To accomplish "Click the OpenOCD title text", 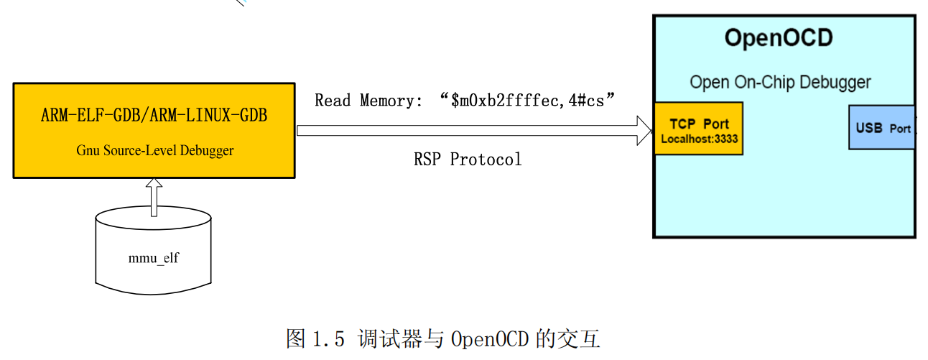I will [779, 37].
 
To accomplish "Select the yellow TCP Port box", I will [697, 129].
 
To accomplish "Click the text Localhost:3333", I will [699, 139].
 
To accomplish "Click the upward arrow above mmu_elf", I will [154, 198].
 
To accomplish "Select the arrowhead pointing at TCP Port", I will [643, 131].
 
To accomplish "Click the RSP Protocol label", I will [468, 159].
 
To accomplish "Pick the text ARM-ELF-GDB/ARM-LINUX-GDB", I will [154, 115].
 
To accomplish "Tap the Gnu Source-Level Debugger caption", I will [154, 150].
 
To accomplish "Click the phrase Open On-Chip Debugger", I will [780, 82].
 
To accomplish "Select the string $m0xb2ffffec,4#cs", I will [532, 100].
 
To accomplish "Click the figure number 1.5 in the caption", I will [330, 338].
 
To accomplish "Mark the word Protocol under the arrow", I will [486, 159].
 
